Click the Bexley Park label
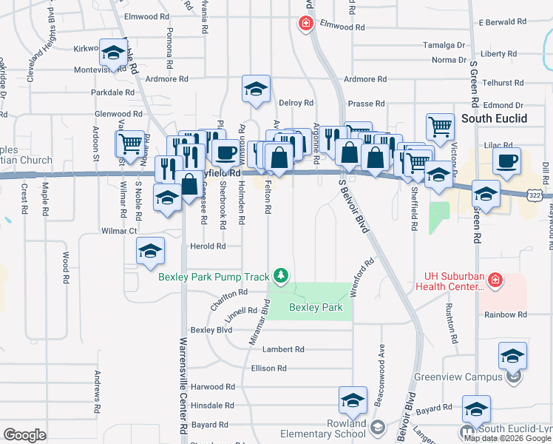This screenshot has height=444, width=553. click(316, 307)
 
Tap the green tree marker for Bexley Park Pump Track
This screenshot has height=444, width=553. click(280, 277)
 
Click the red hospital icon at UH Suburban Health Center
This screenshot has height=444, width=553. click(495, 281)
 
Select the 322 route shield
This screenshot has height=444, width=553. click(535, 194)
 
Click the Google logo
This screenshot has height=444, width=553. click(24, 435)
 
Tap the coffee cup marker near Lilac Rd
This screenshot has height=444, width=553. click(507, 162)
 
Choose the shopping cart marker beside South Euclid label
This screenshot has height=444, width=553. click(440, 126)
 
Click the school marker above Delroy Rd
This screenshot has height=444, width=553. click(256, 90)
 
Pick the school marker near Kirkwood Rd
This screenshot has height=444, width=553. click(112, 53)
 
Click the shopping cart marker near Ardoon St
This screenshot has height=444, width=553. click(131, 143)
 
